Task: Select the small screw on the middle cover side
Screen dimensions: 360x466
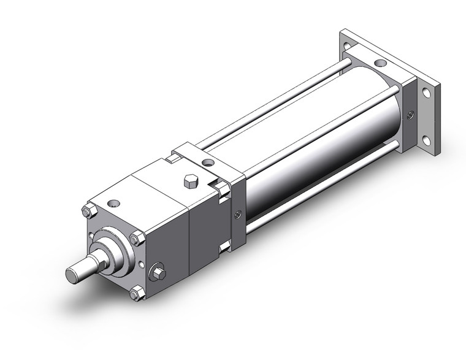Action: pyautogui.click(x=238, y=214)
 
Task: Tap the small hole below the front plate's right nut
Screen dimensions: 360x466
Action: pyautogui.click(x=142, y=264)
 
